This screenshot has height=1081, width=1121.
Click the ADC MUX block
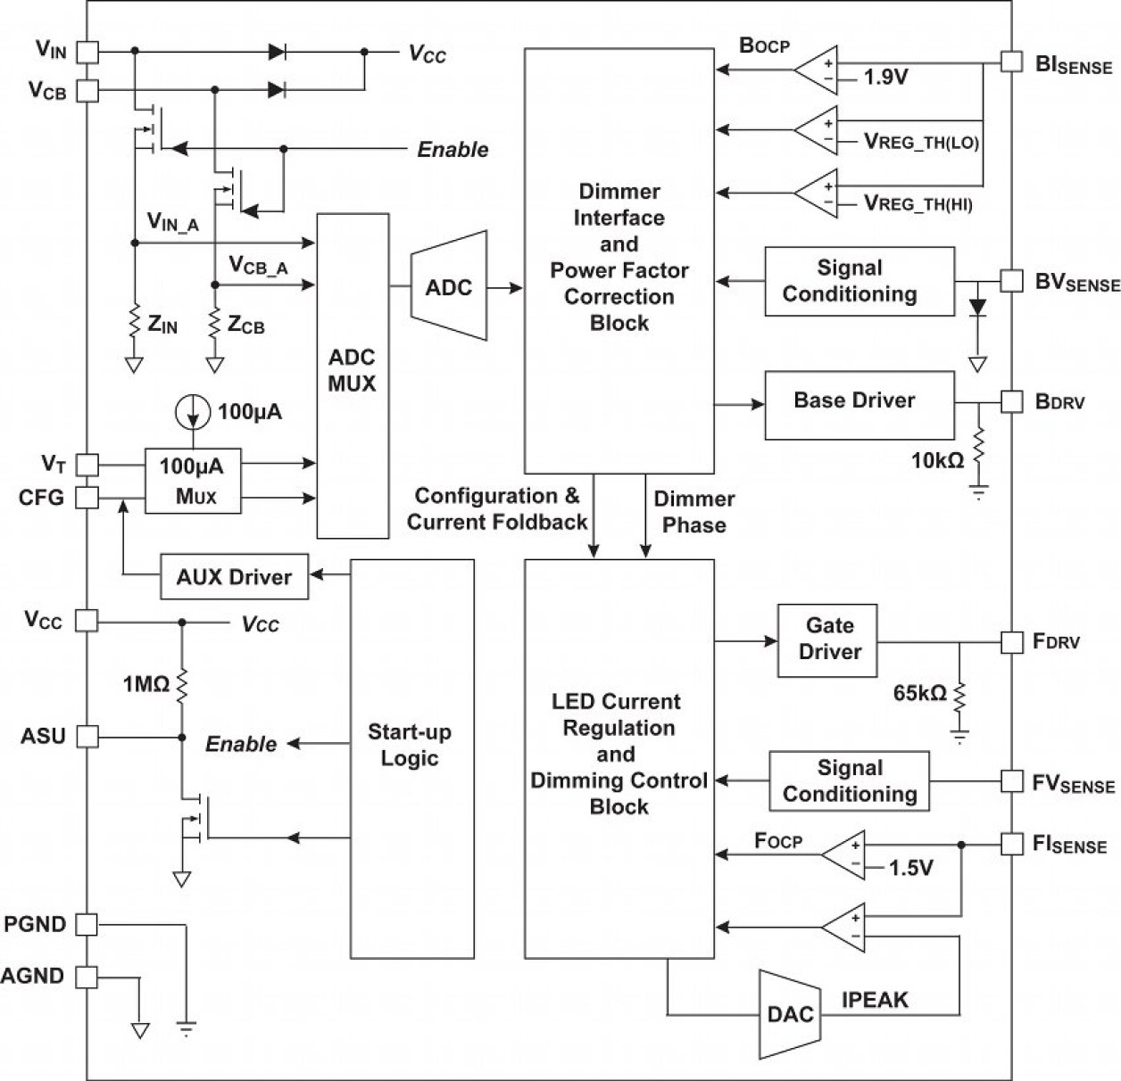tap(353, 375)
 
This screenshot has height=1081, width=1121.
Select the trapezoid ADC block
tap(448, 286)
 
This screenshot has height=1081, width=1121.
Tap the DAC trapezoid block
tap(790, 1013)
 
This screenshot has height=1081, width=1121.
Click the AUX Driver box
tap(234, 577)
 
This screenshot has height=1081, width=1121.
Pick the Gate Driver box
tap(828, 640)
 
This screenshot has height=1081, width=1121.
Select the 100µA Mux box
tap(193, 481)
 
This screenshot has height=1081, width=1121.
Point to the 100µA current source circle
tap(193, 412)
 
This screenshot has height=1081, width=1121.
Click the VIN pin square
tap(87, 52)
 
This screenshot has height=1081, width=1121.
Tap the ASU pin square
tap(87, 737)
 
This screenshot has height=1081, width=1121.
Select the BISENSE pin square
tap(1010, 61)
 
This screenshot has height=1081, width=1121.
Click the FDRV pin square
tap(1010, 641)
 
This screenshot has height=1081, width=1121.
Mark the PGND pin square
tap(87, 925)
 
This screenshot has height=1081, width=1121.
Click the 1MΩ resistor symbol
tap(182, 684)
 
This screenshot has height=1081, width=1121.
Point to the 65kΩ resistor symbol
tap(960, 696)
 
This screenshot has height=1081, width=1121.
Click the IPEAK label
tap(875, 1000)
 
